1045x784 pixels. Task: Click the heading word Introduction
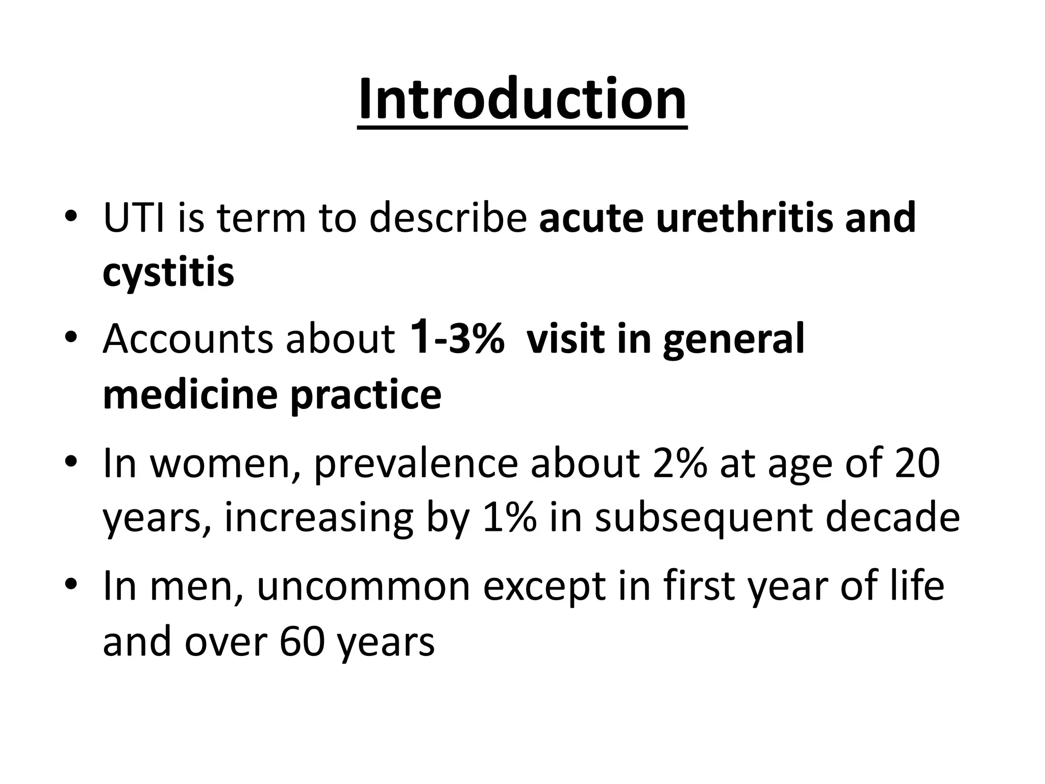tap(522, 100)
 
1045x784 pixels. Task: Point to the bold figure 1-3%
tap(457, 338)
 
